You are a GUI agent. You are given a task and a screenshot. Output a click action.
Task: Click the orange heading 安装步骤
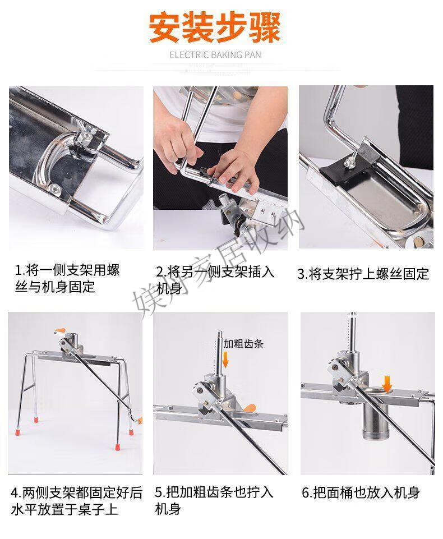[x=215, y=27]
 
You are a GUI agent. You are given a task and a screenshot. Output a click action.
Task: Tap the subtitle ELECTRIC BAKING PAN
[x=215, y=55]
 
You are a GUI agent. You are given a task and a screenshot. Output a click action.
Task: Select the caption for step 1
[x=67, y=278]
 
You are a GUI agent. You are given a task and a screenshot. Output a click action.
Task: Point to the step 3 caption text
[x=363, y=274]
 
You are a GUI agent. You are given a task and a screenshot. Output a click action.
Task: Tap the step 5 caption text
[x=214, y=500]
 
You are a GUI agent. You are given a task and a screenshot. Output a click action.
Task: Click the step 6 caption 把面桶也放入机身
[x=361, y=492]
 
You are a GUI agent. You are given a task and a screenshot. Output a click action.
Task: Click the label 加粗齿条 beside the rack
[x=243, y=343]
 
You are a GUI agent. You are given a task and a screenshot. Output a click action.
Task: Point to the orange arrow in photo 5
[x=225, y=360]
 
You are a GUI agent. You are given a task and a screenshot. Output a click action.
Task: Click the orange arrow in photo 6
[x=387, y=384]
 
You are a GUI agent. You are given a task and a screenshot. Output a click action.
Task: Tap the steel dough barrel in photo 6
[x=375, y=420]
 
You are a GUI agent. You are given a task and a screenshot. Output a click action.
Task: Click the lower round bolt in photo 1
[x=54, y=188]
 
